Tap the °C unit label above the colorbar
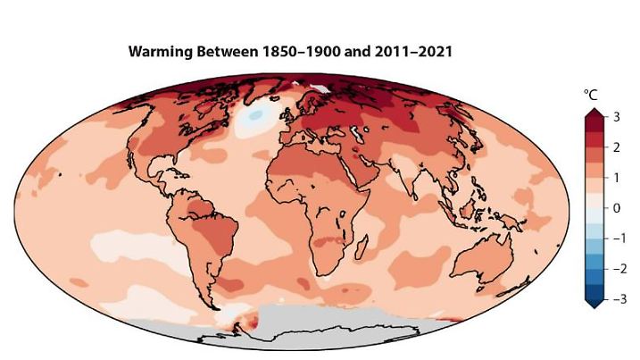(590, 94)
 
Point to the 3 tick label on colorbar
(615, 118)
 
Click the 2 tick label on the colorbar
(615, 148)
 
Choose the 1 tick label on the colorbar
(615, 178)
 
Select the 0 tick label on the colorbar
(615, 208)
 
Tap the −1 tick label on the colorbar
(613, 239)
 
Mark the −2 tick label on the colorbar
(613, 268)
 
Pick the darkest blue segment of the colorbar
(592, 290)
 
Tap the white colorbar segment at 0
(592, 208)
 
